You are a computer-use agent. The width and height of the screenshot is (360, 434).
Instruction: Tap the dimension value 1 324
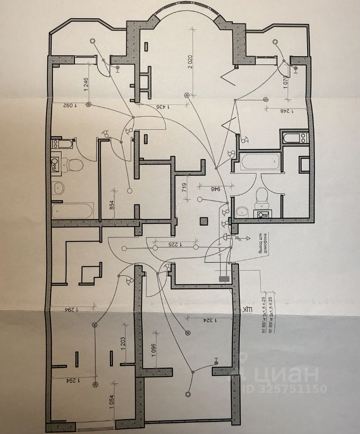pyautogui.click(x=209, y=321)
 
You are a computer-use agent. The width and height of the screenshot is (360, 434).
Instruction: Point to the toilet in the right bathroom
pyautogui.click(x=262, y=196)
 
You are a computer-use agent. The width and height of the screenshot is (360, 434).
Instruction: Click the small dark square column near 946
pyautogui.click(x=204, y=221)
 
